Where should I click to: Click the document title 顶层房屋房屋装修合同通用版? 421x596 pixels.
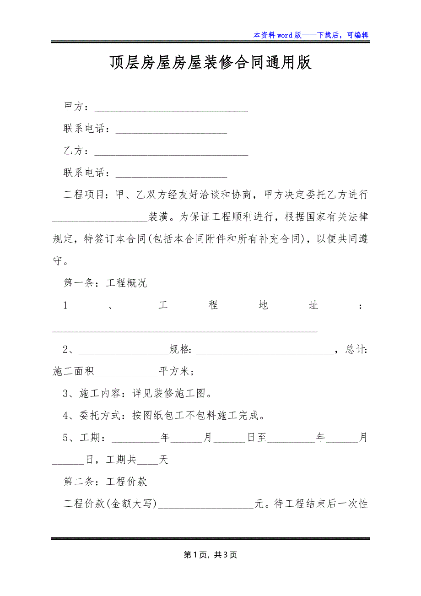(x=210, y=63)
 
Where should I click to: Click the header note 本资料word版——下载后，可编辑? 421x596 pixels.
(x=311, y=35)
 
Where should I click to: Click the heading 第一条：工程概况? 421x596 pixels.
(x=105, y=283)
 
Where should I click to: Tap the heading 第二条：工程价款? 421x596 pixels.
(x=105, y=482)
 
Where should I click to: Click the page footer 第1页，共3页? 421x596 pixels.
(x=210, y=555)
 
